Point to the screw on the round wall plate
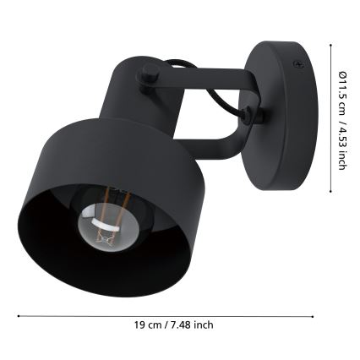click(x=297, y=63)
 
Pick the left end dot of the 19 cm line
click(x=19, y=316)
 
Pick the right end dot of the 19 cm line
click(x=314, y=316)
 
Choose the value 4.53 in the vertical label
click(x=343, y=135)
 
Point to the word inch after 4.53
click(x=343, y=159)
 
